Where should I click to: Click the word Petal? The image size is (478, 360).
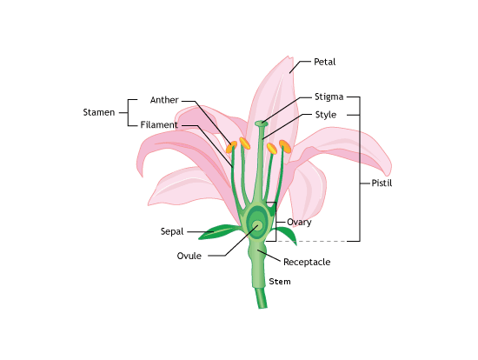pos(325,62)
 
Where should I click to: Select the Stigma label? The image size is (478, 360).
pos(329,97)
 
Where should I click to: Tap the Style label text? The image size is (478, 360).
pos(326,115)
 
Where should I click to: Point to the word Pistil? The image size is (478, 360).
pos(382,183)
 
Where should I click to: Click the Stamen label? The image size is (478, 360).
pos(99,112)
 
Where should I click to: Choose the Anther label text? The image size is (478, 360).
pos(164,100)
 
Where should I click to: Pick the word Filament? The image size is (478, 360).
pos(159,124)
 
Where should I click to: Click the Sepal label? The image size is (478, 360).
pos(172,231)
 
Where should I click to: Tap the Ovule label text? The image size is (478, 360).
pos(189,256)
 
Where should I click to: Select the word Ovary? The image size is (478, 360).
pos(299,222)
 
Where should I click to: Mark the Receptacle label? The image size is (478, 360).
pos(307,262)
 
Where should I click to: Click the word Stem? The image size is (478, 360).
pos(280,281)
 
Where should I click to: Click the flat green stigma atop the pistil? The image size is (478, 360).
pos(262,123)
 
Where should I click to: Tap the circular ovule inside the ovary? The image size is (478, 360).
pos(257,226)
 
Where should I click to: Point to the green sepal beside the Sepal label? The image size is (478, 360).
pos(218,231)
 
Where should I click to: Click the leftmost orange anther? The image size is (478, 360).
pos(231,147)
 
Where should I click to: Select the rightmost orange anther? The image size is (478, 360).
pos(285,146)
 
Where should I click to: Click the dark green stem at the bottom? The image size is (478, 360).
pos(261,298)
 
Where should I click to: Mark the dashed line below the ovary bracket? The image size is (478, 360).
pos(311,242)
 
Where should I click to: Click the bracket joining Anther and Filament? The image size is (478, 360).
pos(128,112)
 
